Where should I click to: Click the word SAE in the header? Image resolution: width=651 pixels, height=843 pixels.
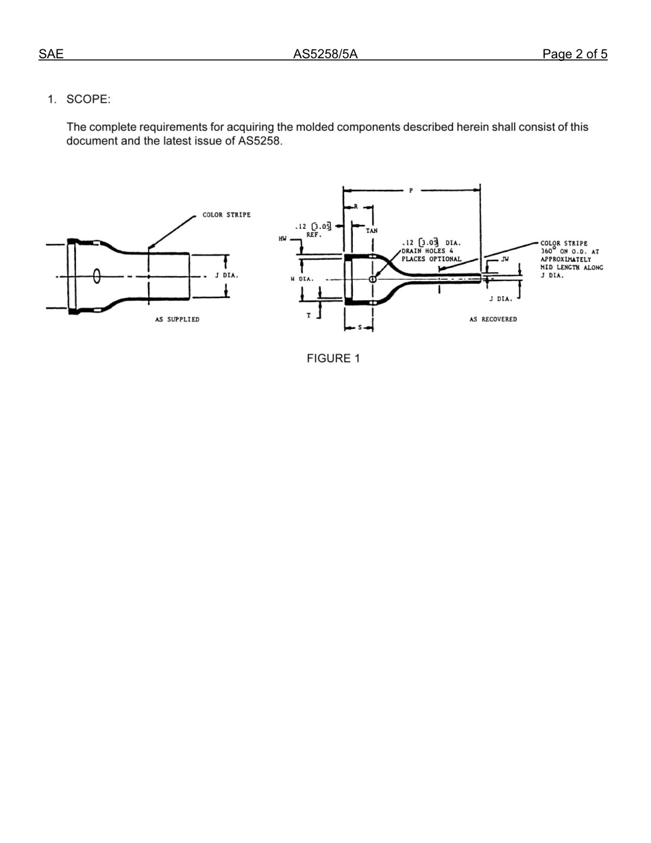pyautogui.click(x=51, y=54)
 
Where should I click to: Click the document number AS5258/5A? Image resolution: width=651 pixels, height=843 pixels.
pyautogui.click(x=325, y=54)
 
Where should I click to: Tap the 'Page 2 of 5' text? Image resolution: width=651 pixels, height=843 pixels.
pyautogui.click(x=574, y=54)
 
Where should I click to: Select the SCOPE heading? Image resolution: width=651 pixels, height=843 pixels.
pyautogui.click(x=87, y=99)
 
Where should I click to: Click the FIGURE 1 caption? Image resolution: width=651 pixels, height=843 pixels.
pyautogui.click(x=333, y=358)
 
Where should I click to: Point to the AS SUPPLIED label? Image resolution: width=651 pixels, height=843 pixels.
pyautogui.click(x=177, y=320)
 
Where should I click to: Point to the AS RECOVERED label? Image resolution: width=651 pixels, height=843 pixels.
pyautogui.click(x=493, y=320)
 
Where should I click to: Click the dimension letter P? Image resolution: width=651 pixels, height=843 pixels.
pyautogui.click(x=411, y=191)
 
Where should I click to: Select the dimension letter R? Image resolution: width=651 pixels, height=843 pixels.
pyautogui.click(x=356, y=206)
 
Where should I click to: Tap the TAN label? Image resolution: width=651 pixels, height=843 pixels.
pyautogui.click(x=371, y=231)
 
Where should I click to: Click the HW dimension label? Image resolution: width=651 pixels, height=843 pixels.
pyautogui.click(x=282, y=239)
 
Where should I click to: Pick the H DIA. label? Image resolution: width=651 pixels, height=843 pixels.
pyautogui.click(x=302, y=280)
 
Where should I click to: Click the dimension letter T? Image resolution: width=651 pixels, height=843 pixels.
pyautogui.click(x=309, y=316)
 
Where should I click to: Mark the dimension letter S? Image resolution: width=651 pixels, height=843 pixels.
pyautogui.click(x=360, y=328)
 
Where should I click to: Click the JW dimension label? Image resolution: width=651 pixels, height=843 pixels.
pyautogui.click(x=505, y=260)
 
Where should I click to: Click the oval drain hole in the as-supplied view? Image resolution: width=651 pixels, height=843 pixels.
pyautogui.click(x=97, y=276)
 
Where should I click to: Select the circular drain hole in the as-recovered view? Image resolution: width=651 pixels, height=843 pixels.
pyautogui.click(x=373, y=279)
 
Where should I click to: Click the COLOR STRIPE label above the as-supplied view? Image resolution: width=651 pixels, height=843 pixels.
pyautogui.click(x=226, y=215)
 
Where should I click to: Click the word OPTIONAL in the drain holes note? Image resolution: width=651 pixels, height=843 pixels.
pyautogui.click(x=445, y=259)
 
